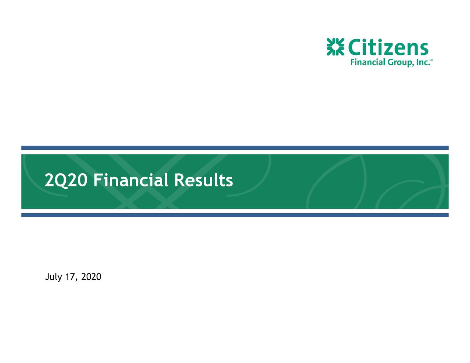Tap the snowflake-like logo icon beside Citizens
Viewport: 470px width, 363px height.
coord(335,47)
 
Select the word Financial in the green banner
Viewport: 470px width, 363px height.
coord(131,180)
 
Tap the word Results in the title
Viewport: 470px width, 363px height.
coord(203,180)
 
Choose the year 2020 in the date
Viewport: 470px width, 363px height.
coord(91,276)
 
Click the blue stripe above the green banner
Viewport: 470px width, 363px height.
coord(235,148)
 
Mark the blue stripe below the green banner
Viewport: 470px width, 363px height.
coord(235,215)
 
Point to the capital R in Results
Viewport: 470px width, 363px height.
coord(179,180)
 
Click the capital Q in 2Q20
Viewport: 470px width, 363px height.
coord(62,181)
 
